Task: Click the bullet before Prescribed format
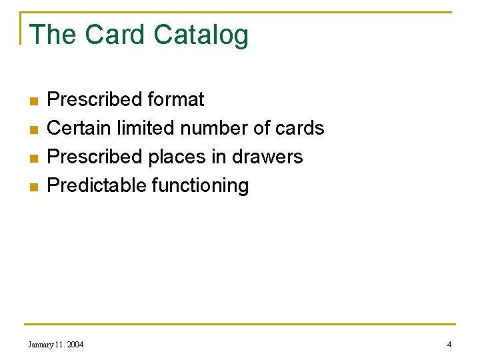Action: coord(33,101)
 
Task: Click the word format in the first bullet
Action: coord(176,100)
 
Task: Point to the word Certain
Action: coord(79,128)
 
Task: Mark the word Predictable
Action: coord(97,185)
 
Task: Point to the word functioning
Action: coord(201,186)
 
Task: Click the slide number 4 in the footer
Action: coord(449,345)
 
